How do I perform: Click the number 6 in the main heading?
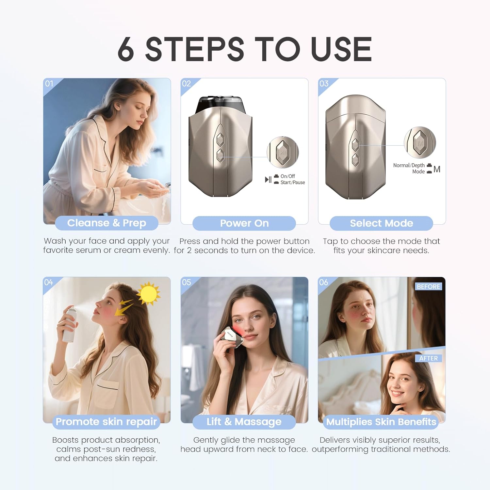tap(126, 49)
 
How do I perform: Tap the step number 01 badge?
tap(49, 84)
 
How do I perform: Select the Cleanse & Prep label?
tap(106, 223)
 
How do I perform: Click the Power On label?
tap(244, 223)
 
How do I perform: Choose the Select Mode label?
tap(381, 223)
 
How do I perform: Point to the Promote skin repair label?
tap(106, 422)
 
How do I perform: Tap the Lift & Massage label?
tap(244, 422)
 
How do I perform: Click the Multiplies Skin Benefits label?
tap(381, 422)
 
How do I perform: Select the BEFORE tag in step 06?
tap(428, 286)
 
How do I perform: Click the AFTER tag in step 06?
tap(428, 358)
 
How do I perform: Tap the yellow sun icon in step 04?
tap(148, 293)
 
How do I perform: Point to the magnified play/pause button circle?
tap(283, 152)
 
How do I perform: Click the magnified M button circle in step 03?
tap(420, 142)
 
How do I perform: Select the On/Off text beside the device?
tap(287, 176)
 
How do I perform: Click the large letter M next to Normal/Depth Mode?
tap(437, 169)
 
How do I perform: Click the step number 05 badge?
tap(186, 282)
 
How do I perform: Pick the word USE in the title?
tap(341, 49)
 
